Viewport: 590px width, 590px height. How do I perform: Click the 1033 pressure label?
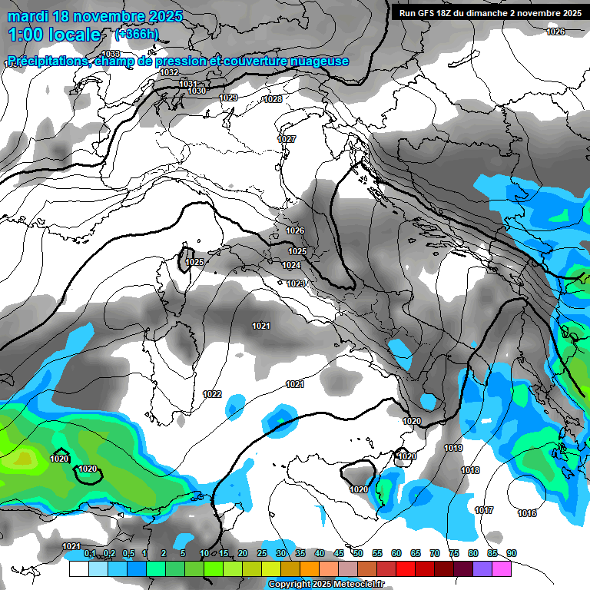tap(111, 54)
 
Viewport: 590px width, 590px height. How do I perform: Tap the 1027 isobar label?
tap(287, 139)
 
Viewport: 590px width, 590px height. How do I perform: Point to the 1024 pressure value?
tap(291, 265)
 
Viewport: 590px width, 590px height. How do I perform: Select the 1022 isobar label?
tap(213, 394)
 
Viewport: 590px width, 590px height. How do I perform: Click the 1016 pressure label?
tap(527, 513)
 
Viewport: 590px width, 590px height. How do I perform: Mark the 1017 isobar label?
tap(484, 510)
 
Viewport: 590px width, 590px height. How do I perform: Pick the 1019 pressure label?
tap(453, 448)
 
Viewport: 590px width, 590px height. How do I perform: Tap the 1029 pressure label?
tap(228, 98)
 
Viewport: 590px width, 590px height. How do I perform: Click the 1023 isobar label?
tap(296, 283)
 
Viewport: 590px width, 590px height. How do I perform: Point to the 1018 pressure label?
tap(470, 470)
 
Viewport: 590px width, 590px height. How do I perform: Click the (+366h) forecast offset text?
tap(137, 35)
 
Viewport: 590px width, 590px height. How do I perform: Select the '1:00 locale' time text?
tap(54, 35)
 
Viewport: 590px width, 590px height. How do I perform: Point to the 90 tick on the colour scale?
tap(512, 553)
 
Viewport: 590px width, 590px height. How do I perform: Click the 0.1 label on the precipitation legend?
tap(90, 553)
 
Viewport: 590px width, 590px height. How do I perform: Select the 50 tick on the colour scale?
tap(358, 553)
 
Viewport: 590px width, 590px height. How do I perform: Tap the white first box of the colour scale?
tap(78, 568)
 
